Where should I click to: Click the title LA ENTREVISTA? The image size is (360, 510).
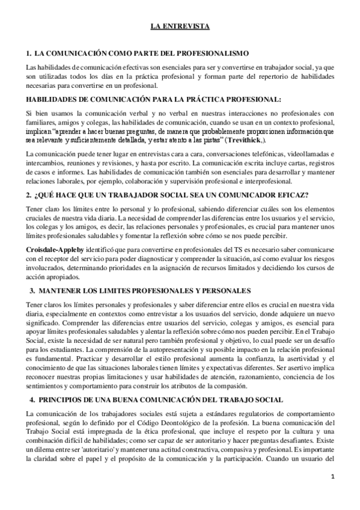pos(180,27)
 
